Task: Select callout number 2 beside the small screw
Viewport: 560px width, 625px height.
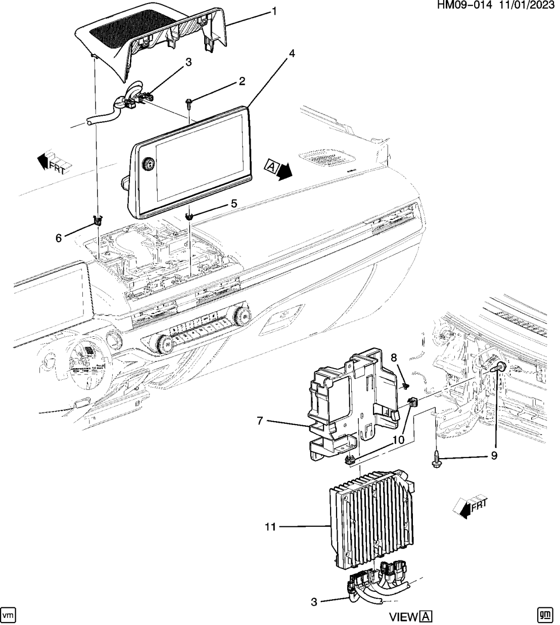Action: tap(242, 81)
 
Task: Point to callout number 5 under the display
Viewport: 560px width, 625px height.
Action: tap(234, 203)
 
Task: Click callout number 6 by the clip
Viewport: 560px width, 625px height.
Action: tap(59, 237)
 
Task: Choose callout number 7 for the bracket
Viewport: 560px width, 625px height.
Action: tap(260, 421)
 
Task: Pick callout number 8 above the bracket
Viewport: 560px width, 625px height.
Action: tap(394, 358)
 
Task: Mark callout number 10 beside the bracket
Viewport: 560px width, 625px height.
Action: tap(398, 440)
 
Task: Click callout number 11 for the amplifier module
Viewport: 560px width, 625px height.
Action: tap(270, 527)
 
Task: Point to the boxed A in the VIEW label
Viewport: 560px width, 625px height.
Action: tap(427, 617)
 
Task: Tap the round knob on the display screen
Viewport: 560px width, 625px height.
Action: tap(149, 164)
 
